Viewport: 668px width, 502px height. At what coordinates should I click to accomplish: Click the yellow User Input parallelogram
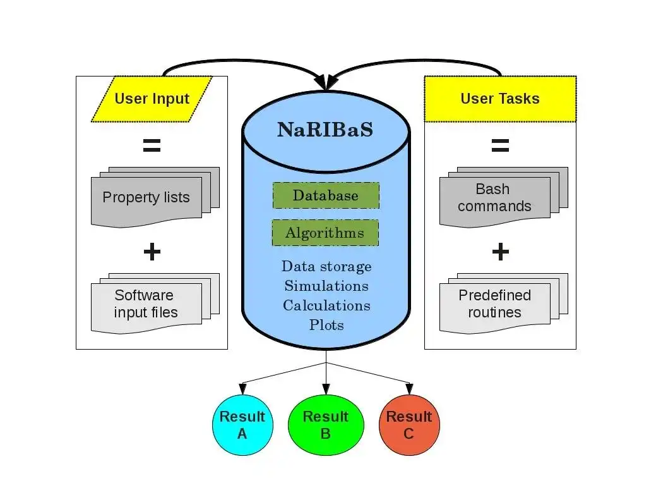tap(152, 99)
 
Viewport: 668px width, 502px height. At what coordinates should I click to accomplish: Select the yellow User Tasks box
tap(499, 99)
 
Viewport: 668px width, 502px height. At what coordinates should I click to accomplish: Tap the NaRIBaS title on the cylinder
tap(325, 130)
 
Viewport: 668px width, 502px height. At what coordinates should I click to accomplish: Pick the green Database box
tap(326, 195)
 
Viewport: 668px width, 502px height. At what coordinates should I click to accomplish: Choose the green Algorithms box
tap(325, 233)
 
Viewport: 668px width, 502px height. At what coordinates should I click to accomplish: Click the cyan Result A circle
tap(242, 425)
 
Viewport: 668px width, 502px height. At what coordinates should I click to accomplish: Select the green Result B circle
tap(326, 425)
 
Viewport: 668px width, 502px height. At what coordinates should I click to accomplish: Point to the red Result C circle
tap(409, 425)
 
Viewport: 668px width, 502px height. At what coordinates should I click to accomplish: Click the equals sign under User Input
tap(152, 146)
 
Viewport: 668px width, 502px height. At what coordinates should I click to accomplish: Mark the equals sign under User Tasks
tap(500, 146)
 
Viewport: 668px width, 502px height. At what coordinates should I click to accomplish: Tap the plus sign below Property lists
tap(152, 252)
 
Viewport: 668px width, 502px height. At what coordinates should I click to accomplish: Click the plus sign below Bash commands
tap(500, 252)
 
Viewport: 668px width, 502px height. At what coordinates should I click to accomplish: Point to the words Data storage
tap(326, 266)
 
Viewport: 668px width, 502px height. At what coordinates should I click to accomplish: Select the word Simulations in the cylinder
tap(326, 286)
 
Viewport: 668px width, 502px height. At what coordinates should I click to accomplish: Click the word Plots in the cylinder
tap(326, 325)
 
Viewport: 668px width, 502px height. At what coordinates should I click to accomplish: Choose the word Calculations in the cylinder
tap(326, 305)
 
